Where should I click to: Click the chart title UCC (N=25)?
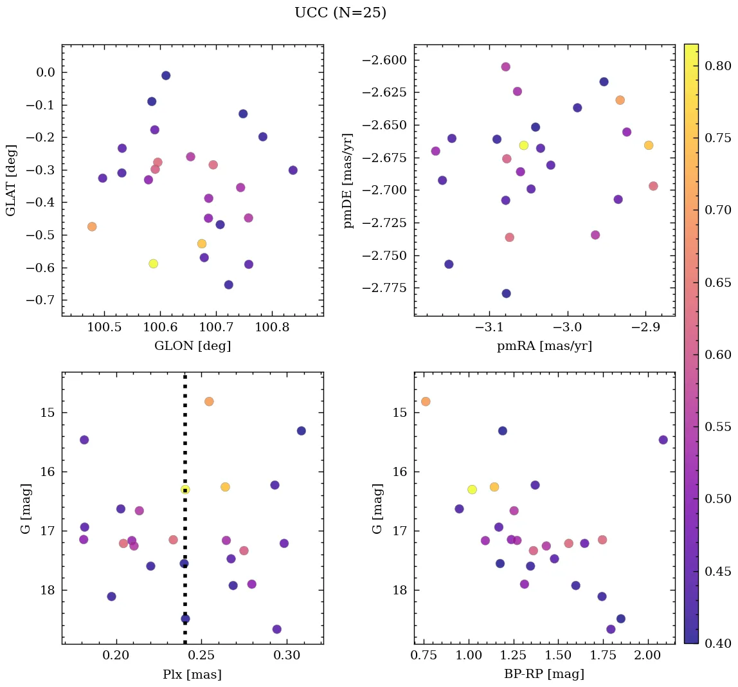[x=340, y=13]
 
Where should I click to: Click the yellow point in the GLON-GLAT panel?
[x=153, y=264]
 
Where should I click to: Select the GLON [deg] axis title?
[x=192, y=346]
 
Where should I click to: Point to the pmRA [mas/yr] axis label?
[x=544, y=346]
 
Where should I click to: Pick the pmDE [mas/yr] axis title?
[x=348, y=181]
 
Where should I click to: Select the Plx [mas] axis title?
[x=192, y=674]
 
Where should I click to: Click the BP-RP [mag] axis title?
[x=544, y=674]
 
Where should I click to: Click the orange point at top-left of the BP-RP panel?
[x=426, y=401]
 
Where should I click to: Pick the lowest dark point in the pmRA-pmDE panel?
[x=507, y=293]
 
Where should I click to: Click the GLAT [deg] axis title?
[x=11, y=181]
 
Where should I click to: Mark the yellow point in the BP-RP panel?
[x=473, y=490]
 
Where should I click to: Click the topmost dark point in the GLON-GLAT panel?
[x=166, y=75]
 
